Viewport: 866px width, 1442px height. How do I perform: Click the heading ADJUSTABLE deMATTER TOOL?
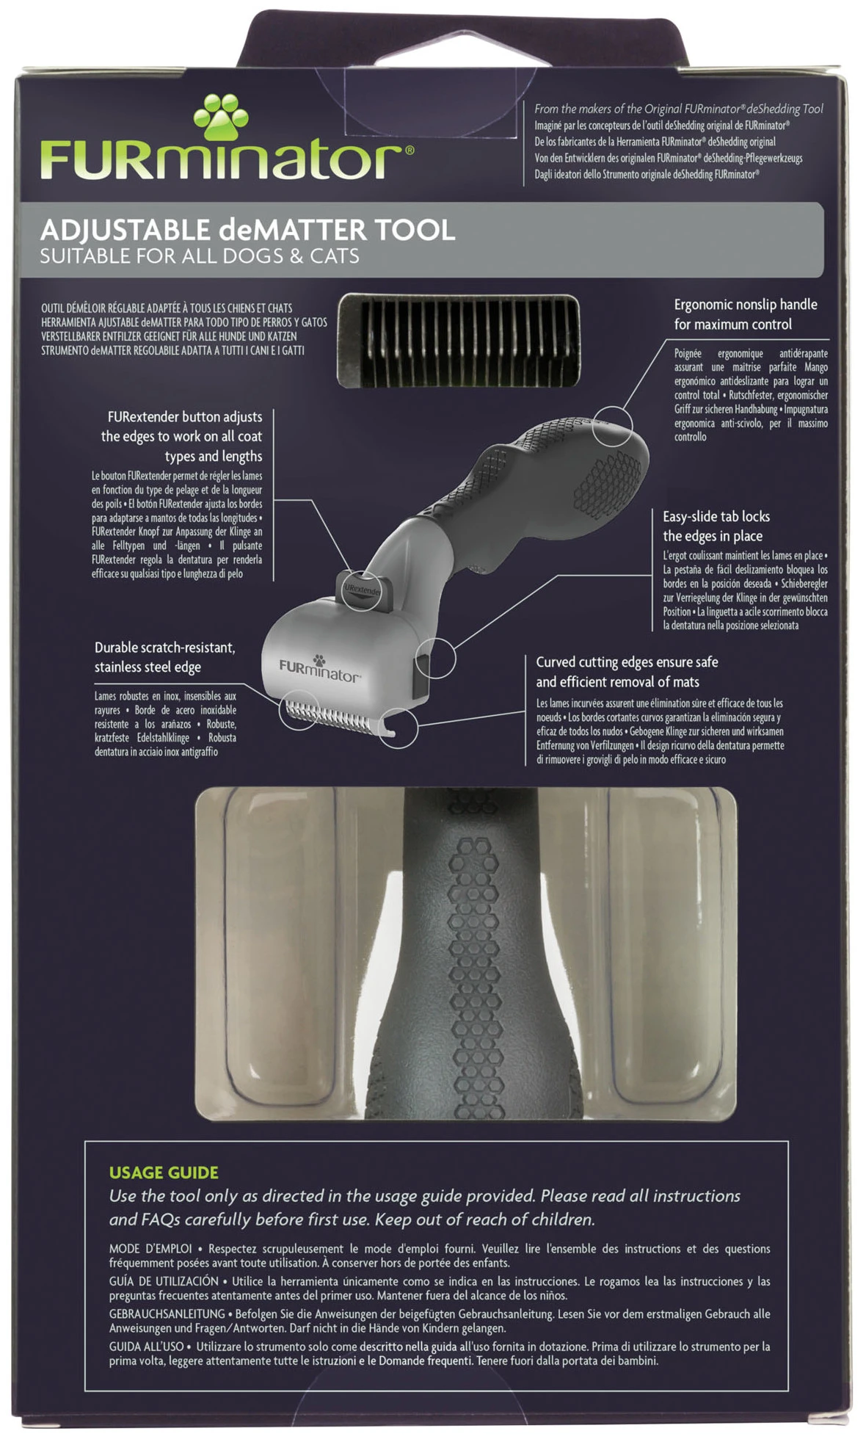tap(247, 230)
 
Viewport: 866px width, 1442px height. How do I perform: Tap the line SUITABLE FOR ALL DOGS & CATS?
tap(200, 256)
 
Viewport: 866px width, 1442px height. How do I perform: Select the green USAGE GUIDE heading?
tap(164, 1173)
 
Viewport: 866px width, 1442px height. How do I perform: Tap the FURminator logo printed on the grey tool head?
tap(319, 670)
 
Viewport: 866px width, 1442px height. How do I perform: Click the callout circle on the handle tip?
tap(612, 425)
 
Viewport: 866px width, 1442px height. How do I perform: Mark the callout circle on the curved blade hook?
tap(398, 728)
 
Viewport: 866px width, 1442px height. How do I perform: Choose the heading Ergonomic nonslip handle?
tap(745, 305)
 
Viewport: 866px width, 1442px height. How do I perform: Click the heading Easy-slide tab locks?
tap(716, 516)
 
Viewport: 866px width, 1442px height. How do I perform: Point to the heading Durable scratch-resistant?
tap(164, 648)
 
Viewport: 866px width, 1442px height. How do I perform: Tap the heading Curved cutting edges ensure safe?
tap(627, 662)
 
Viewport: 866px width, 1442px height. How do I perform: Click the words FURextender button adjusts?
tap(184, 417)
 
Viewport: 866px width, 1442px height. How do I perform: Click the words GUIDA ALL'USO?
tap(147, 1347)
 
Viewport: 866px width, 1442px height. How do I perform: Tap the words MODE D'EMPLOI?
tap(150, 1248)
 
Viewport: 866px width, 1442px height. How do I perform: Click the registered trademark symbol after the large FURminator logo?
tap(410, 151)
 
